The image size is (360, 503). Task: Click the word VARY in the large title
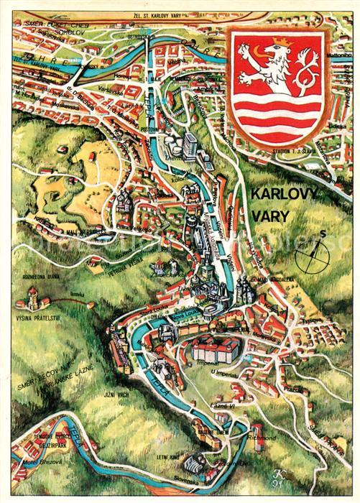click(x=272, y=215)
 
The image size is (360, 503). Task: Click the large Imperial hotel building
click(x=215, y=351)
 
